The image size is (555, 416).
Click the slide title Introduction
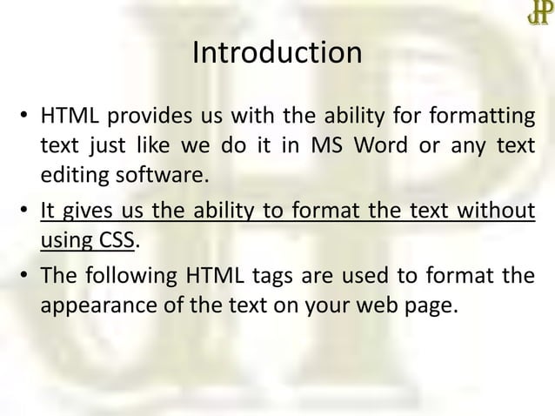pos(277,54)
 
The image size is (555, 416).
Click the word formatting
pos(487,117)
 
